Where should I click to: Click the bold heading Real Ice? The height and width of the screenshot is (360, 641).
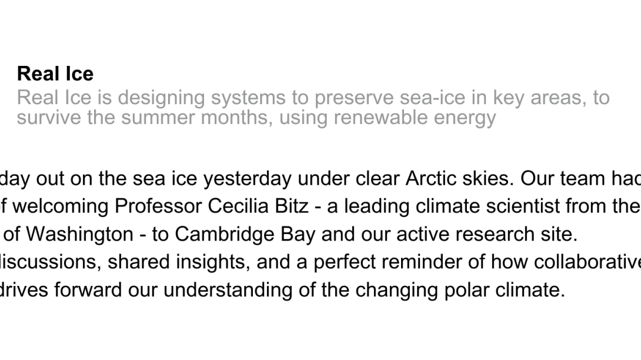(x=55, y=74)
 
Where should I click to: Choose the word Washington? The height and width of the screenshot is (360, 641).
(x=79, y=234)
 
